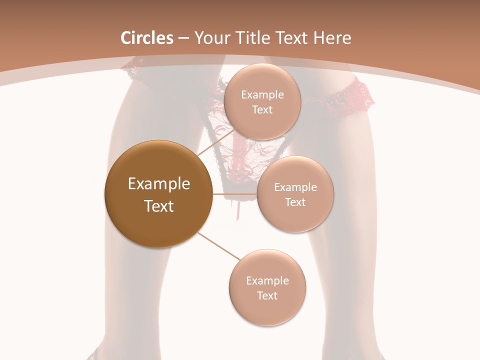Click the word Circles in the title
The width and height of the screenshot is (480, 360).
[x=147, y=38]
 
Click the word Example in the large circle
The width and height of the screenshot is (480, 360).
[x=158, y=184]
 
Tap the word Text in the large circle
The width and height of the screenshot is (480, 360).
[x=158, y=206]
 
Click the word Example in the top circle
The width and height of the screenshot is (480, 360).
[x=262, y=95]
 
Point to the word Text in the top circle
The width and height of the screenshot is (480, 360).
[x=262, y=109]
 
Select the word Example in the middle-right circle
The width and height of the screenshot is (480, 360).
[x=295, y=187]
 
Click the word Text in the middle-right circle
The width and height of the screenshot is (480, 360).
[x=295, y=202]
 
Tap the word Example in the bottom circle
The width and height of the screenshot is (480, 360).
[x=267, y=281]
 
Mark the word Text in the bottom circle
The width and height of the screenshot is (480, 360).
[x=267, y=295]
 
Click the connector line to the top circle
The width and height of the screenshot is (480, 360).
[x=214, y=143]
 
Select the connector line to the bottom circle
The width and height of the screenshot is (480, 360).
[x=219, y=246]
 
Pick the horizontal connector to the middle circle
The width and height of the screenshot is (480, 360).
[x=234, y=194]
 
